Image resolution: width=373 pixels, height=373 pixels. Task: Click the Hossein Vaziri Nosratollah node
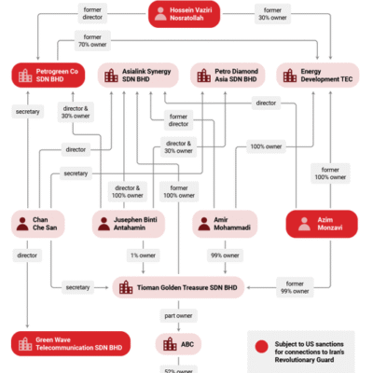coord(186,14)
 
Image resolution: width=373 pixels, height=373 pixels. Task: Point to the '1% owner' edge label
coord(142,255)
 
